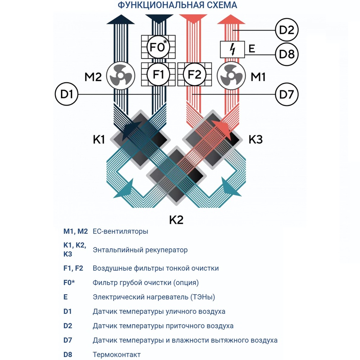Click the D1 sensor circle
67,95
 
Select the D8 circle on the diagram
287,55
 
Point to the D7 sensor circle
287,95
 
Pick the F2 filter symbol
195,75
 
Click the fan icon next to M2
121,77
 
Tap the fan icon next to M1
231,77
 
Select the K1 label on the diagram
99,139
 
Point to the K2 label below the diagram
176,220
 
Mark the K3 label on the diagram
256,139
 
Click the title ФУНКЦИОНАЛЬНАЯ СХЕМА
177,5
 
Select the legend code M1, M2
76,231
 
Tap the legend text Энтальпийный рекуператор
140,250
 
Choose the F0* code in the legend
69,283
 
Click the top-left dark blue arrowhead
121,19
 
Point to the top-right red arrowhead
231,19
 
